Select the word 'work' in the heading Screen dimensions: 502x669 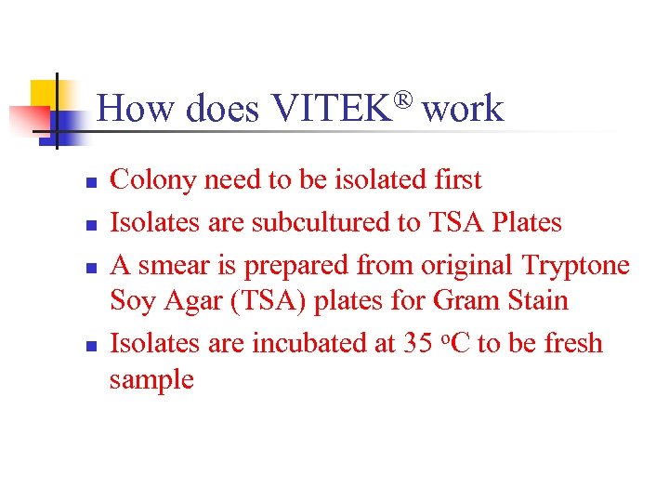(463, 110)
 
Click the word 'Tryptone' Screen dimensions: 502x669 (576, 265)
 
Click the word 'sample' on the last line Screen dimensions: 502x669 (151, 379)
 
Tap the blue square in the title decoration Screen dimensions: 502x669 (64, 126)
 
